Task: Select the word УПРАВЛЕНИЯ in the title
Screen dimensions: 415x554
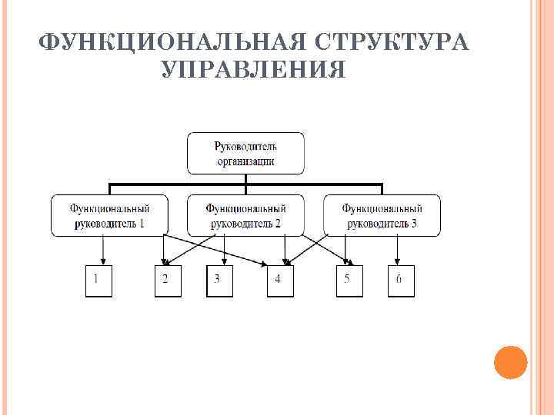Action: pyautogui.click(x=254, y=71)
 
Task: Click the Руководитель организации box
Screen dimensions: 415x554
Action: pyautogui.click(x=245, y=153)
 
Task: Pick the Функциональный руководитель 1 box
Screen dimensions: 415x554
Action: pyautogui.click(x=109, y=215)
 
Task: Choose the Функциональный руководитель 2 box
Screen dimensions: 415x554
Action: pyautogui.click(x=245, y=215)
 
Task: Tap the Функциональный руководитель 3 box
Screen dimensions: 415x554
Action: pyautogui.click(x=382, y=215)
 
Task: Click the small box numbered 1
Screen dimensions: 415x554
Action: pyautogui.click(x=97, y=280)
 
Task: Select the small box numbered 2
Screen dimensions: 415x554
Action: pyautogui.click(x=166, y=280)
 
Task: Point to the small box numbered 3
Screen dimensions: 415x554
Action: pyautogui.click(x=219, y=280)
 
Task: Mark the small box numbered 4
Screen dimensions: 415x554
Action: pyautogui.click(x=279, y=280)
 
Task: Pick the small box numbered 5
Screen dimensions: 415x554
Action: pyautogui.click(x=348, y=280)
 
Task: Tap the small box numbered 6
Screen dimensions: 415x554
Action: pyautogui.click(x=399, y=280)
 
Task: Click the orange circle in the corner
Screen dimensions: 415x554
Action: pyautogui.click(x=509, y=362)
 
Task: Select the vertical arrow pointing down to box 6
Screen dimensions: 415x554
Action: pyautogui.click(x=397, y=250)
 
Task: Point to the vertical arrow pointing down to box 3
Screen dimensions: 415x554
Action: pyautogui.click(x=224, y=250)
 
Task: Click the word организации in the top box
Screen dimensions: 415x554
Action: pyautogui.click(x=245, y=161)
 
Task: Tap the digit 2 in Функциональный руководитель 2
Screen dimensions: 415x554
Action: pyautogui.click(x=278, y=224)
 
